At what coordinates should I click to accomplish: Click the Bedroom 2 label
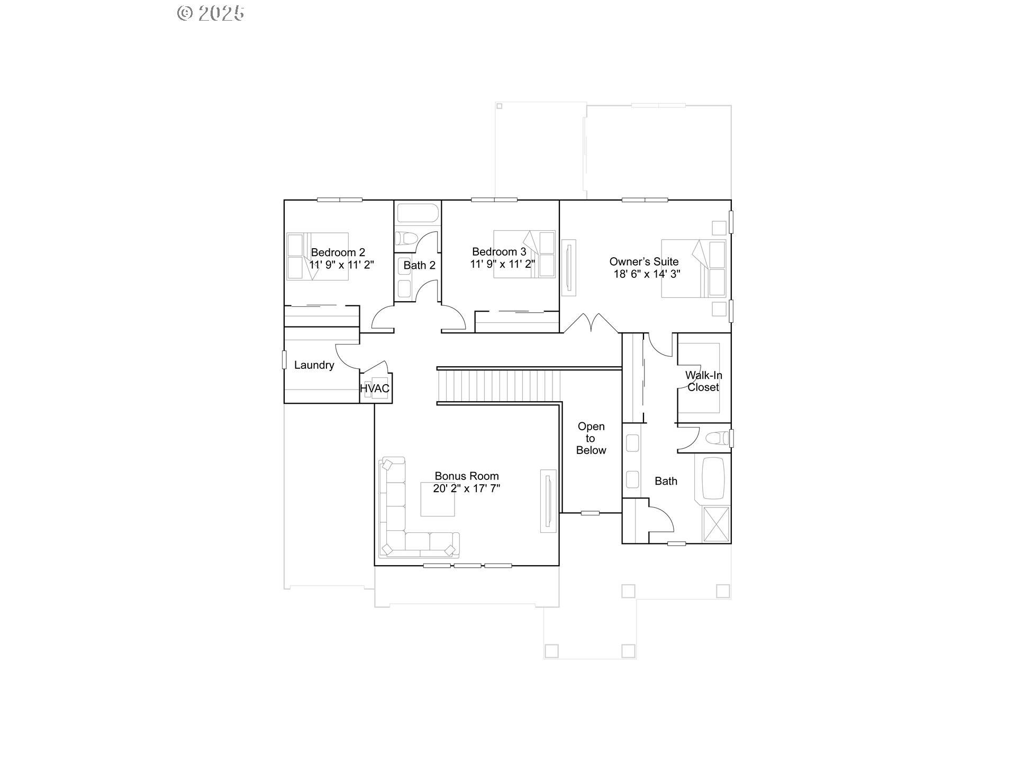point(338,252)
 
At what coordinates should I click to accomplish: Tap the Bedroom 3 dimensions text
point(502,264)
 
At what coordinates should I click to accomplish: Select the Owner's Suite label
point(643,261)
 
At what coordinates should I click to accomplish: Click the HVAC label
point(375,388)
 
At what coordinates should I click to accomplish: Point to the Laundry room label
point(314,365)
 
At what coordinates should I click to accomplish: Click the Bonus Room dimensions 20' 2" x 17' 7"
point(466,488)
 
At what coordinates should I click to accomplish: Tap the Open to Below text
point(591,438)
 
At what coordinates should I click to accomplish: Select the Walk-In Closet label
point(703,381)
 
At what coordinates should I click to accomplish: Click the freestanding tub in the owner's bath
point(712,478)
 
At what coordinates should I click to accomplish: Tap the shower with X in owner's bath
point(715,524)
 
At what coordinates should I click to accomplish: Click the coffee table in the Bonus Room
point(437,499)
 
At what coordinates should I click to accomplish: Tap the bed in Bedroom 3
point(524,254)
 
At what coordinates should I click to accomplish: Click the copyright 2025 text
point(210,13)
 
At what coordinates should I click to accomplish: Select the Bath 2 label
point(419,265)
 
